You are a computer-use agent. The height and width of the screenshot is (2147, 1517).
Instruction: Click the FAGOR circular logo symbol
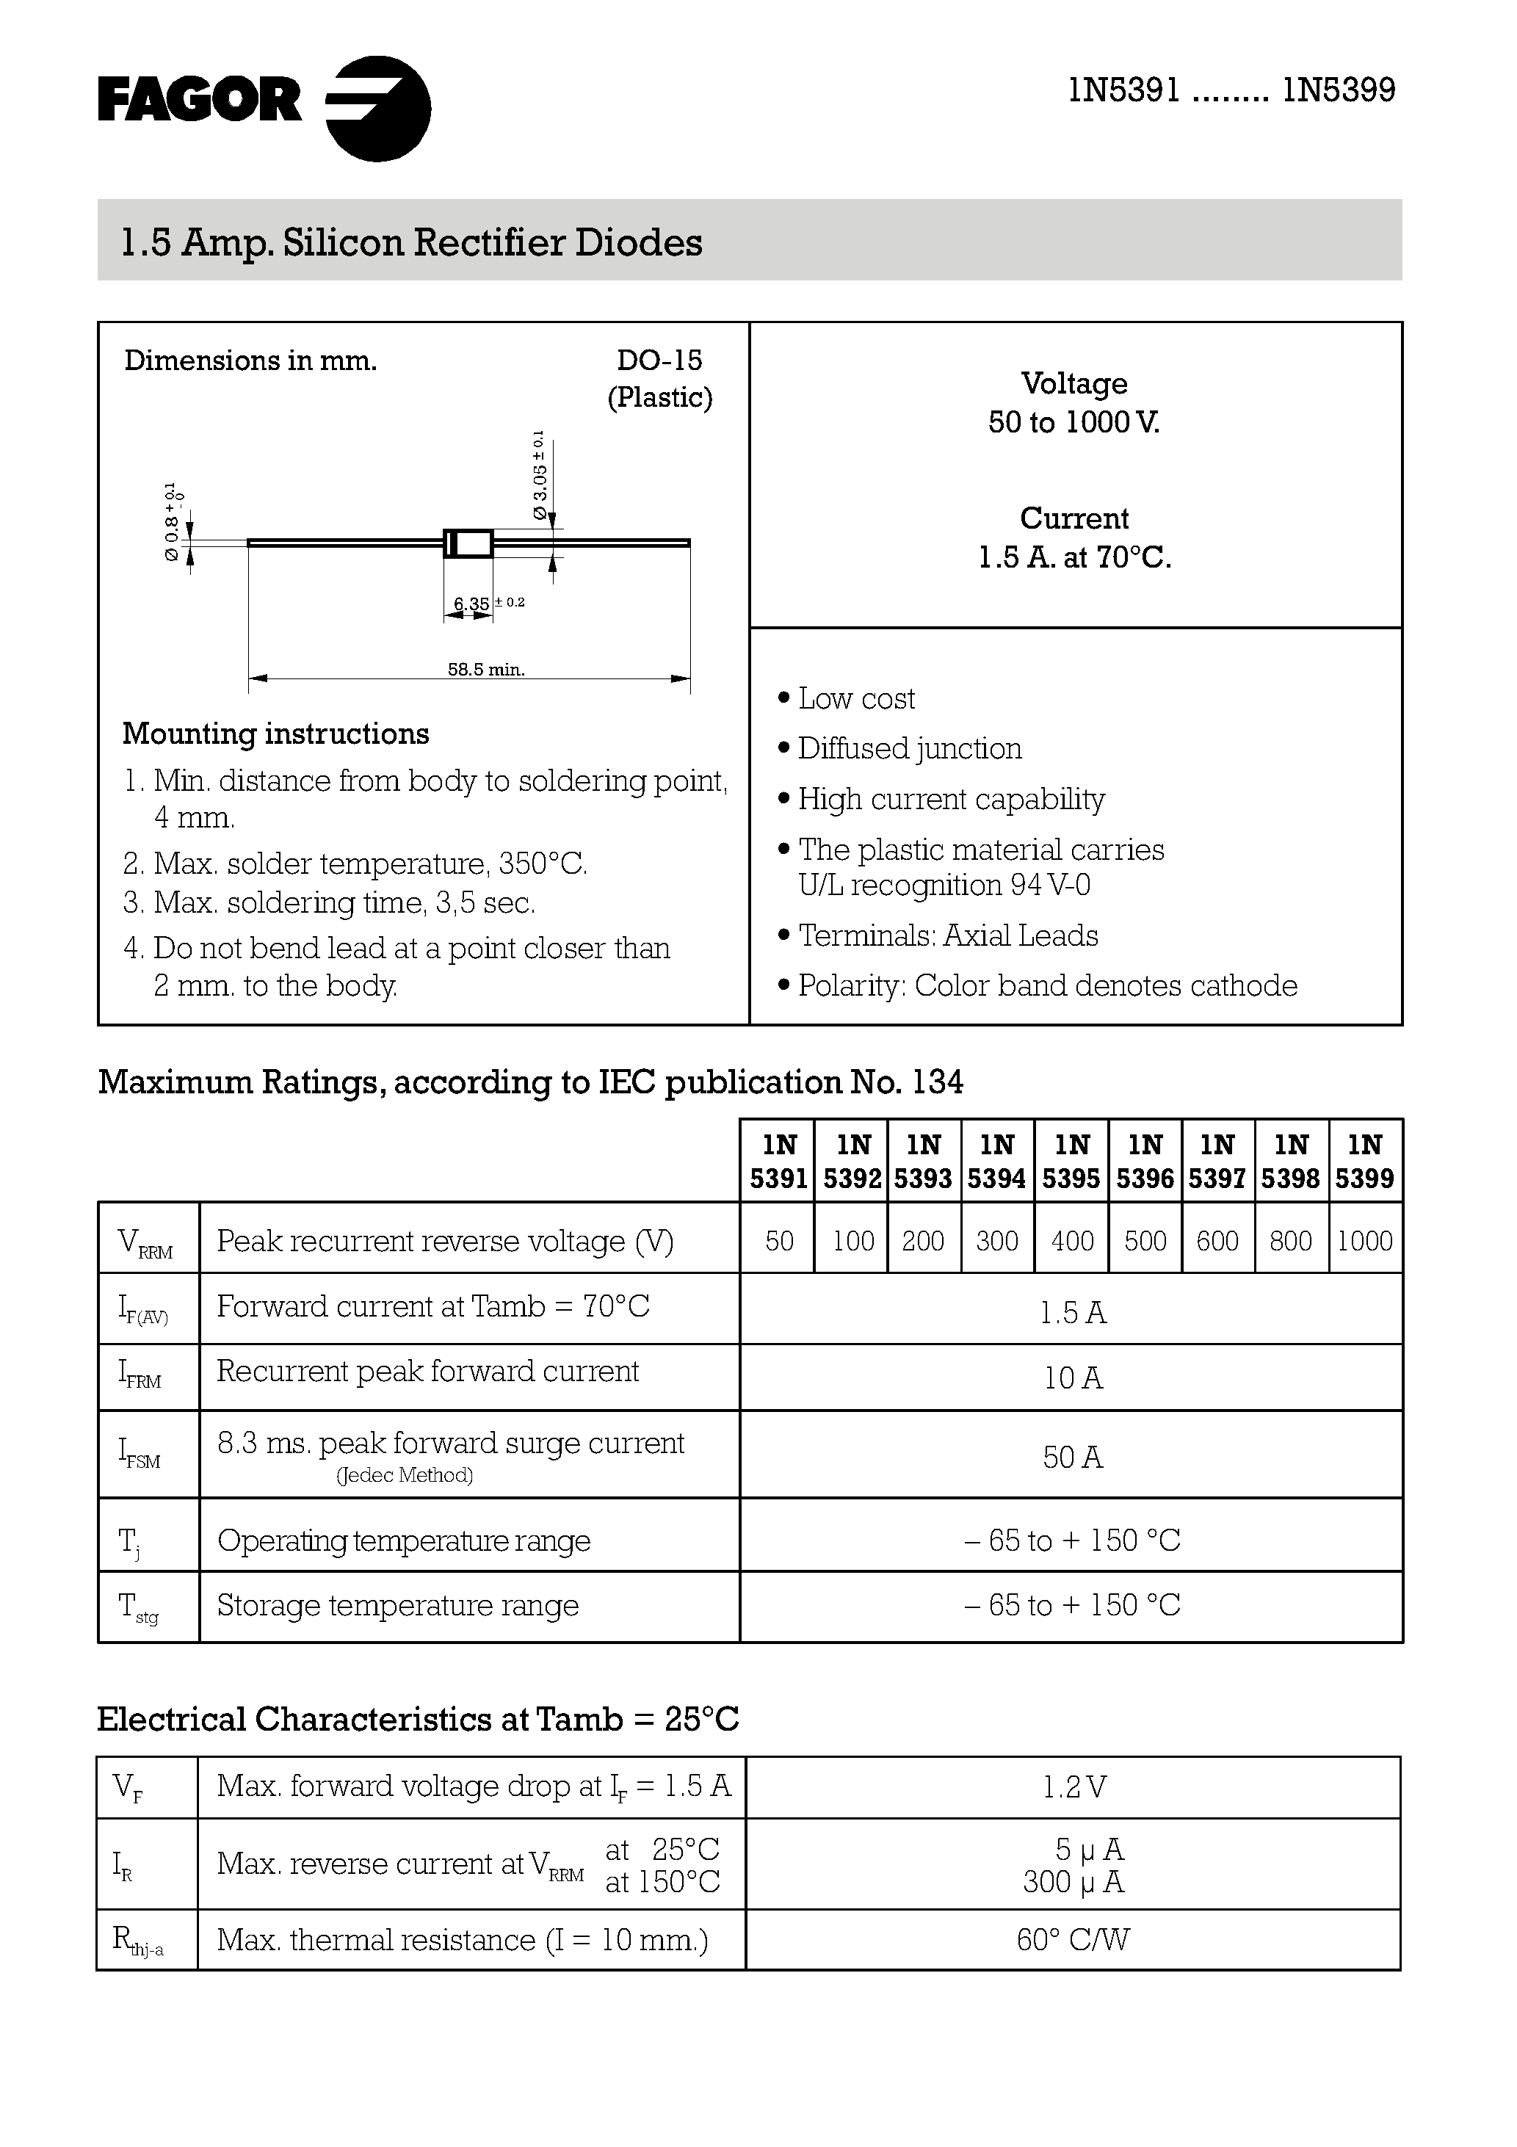[379, 109]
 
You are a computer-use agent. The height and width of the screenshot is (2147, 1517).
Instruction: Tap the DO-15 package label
[659, 360]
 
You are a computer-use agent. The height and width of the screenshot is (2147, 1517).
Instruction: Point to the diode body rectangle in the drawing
[468, 543]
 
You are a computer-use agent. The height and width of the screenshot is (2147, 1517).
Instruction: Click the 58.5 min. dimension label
[485, 670]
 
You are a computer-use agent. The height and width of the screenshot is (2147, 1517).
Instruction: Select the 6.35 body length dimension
[471, 604]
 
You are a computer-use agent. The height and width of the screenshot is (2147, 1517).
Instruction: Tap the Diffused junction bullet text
[909, 749]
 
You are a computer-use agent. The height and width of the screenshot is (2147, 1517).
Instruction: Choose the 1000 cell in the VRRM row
[1364, 1241]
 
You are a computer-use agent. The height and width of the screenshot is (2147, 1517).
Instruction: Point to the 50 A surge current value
[1073, 1457]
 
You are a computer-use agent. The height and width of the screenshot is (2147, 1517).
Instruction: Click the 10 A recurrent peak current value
[1073, 1378]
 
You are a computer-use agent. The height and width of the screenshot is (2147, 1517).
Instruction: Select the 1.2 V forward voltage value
[1074, 1788]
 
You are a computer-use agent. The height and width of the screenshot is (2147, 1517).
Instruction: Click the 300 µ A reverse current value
[1073, 1881]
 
